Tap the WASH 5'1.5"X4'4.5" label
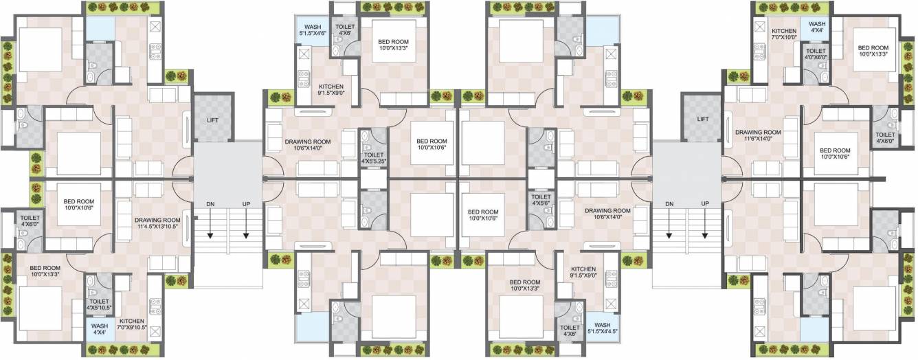602,328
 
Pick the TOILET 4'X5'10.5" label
100,305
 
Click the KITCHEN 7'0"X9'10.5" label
131,324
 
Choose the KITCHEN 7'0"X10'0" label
784,34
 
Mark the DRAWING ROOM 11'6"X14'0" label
758,136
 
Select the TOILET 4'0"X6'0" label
816,54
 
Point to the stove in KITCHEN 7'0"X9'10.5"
155,302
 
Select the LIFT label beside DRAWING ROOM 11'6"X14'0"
702,119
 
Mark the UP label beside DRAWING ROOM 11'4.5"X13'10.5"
245,204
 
